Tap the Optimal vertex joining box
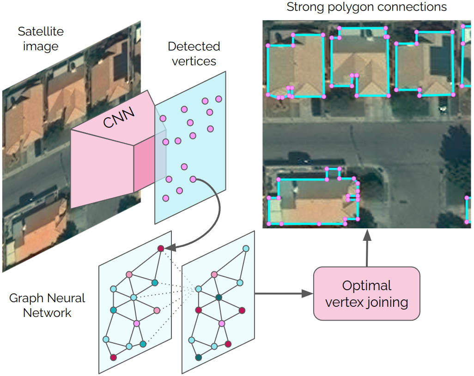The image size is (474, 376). pos(366,293)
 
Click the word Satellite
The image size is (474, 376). pos(41,32)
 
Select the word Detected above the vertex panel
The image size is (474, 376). pos(194,47)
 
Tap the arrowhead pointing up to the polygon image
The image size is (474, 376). pos(367,235)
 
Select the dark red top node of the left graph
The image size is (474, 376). pos(161,249)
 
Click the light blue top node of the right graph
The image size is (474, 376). pos(246,249)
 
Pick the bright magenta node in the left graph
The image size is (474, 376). pos(137,324)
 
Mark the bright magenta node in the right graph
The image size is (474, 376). pos(222,323)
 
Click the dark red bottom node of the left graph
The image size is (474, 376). pos(113,357)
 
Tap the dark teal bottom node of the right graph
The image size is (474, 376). pos(199,357)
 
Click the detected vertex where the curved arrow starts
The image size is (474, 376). pos(193,179)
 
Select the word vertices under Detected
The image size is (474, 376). pos(194,61)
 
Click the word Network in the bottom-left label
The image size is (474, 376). pos(47,313)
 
